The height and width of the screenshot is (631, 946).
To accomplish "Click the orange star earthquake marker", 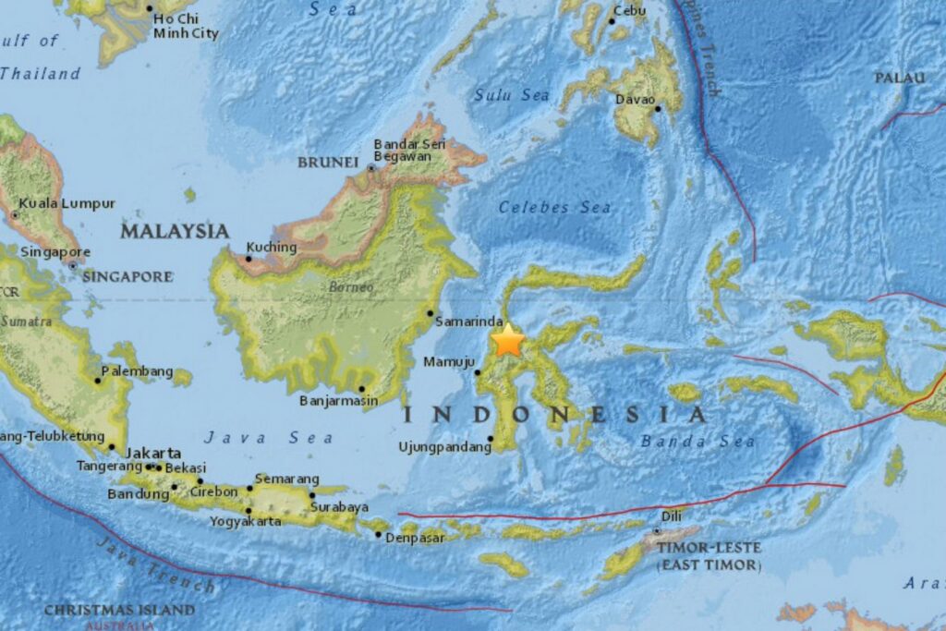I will click(507, 341).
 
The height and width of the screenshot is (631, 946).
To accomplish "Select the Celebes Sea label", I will click(554, 208).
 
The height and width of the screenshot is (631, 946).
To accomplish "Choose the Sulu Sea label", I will click(512, 94).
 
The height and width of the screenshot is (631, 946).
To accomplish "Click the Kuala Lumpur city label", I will click(67, 203).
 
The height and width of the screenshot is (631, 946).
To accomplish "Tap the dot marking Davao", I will click(659, 108).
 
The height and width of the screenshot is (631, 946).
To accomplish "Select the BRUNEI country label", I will click(327, 163).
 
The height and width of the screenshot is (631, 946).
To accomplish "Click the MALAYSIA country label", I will click(174, 231).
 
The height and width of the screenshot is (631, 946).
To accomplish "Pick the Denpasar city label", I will click(415, 537).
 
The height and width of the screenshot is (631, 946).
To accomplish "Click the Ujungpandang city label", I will click(444, 447).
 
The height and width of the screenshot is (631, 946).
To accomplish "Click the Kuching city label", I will click(272, 248).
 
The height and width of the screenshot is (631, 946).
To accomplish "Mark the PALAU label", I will click(899, 78).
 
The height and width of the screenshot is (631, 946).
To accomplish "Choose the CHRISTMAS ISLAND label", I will click(119, 610).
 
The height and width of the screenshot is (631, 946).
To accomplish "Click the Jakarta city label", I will click(153, 453).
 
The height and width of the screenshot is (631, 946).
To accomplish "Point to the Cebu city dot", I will click(612, 20).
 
